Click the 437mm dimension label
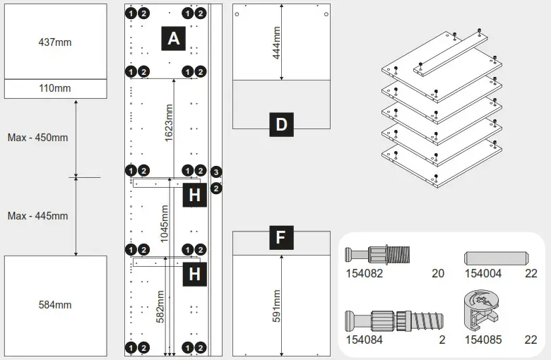click(54, 42)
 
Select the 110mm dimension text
click(54, 88)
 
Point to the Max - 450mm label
click(37, 138)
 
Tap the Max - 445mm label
click(37, 215)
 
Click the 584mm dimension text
click(54, 305)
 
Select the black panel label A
click(174, 39)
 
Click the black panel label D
click(281, 125)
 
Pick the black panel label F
click(280, 238)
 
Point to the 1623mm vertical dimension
click(169, 124)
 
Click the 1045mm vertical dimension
click(164, 224)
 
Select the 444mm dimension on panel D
click(276, 43)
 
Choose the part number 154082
click(364, 273)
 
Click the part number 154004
click(482, 273)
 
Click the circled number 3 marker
click(217, 172)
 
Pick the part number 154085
click(482, 340)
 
